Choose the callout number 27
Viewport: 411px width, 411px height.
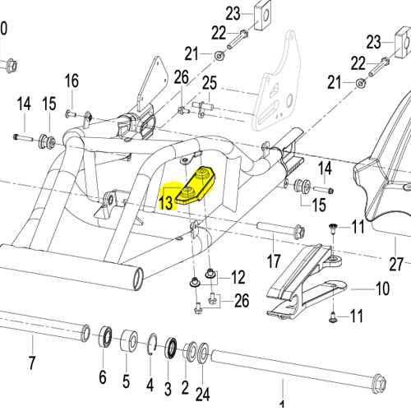coord(398,264)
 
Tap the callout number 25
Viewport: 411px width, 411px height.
coord(209,83)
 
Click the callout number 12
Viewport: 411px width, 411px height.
coord(237,275)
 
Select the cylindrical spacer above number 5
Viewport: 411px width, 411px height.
coord(130,340)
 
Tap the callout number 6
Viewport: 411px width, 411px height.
coord(103,377)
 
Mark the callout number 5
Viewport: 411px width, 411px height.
coord(127,382)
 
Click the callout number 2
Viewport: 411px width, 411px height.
coord(186,385)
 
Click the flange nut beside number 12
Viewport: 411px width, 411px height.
coord(212,274)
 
